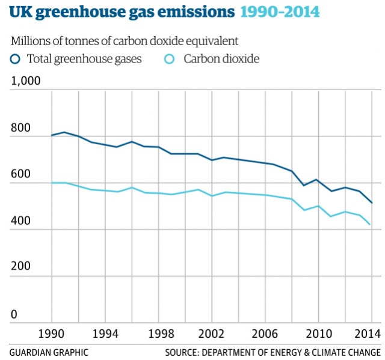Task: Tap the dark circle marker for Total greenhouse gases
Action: [16, 58]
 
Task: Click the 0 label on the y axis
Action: [14, 315]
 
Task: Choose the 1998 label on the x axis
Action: [159, 334]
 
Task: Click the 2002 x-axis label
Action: [212, 334]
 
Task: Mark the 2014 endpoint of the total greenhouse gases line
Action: [372, 203]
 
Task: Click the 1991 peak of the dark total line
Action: [64, 132]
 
